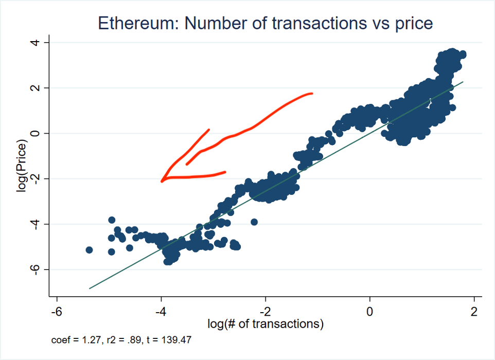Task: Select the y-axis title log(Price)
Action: [22, 165]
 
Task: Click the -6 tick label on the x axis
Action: [56, 311]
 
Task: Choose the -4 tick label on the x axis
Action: [161, 311]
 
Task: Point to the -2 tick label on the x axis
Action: [266, 311]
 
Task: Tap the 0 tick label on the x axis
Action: [370, 311]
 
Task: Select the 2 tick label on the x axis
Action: [474, 311]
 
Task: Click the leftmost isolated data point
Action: [89, 250]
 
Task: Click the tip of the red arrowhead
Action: [162, 181]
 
